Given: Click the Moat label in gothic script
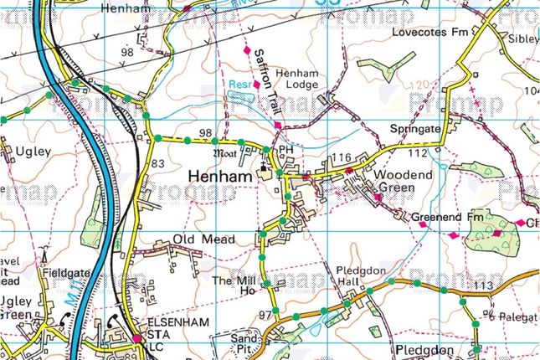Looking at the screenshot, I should point(226,153).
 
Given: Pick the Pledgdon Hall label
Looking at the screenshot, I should point(358,277).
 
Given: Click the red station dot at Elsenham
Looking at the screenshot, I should point(136,338).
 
